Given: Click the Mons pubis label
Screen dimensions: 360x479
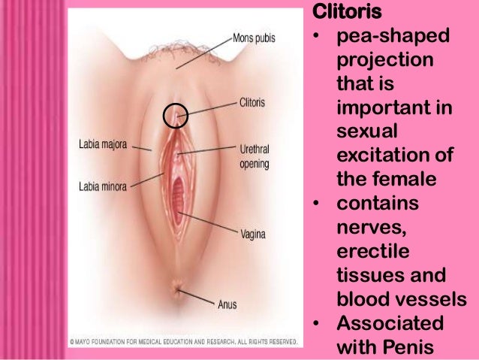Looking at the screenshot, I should pos(254,37).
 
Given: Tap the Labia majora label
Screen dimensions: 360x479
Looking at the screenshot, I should pos(101,144).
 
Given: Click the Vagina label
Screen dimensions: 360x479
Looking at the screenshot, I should pos(253,233).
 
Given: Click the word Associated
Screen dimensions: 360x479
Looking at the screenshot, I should pos(386,324).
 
